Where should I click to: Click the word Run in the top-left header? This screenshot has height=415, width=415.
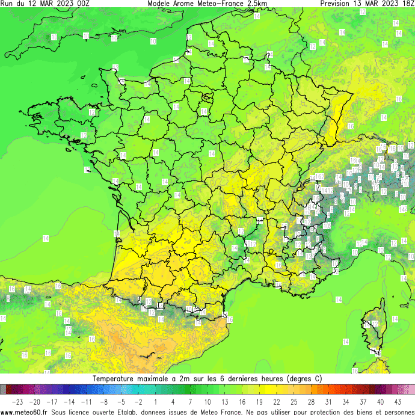click(x=7, y=3)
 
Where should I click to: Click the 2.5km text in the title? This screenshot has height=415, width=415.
click(x=256, y=3)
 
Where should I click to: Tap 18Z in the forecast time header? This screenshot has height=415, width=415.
click(x=407, y=3)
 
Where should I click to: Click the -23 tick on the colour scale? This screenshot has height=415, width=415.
click(x=17, y=401)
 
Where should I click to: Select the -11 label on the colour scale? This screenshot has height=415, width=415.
click(x=87, y=401)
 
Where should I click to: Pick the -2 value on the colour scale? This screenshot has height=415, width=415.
click(x=138, y=401)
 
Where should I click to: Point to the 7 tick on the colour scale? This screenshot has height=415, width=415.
click(x=190, y=401)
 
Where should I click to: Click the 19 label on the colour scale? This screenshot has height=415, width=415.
click(x=259, y=401)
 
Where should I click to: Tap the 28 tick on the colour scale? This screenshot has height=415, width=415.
click(x=311, y=401)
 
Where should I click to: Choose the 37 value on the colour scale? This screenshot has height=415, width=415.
click(x=363, y=401)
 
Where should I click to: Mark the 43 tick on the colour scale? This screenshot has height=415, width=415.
click(x=398, y=401)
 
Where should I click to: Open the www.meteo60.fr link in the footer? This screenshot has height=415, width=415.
click(x=25, y=412)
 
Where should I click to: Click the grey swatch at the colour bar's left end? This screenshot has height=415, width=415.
click(x=3, y=390)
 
